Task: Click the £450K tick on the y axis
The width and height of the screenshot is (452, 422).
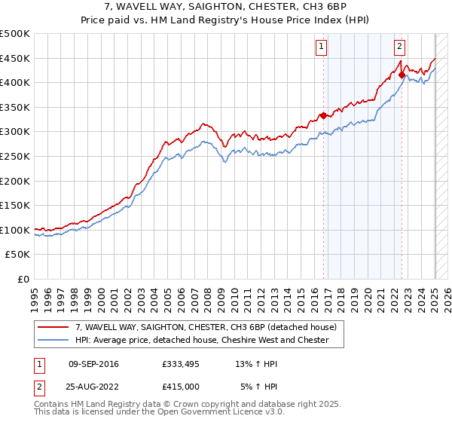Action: coord(15,58)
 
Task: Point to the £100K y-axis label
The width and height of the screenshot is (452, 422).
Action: coord(15,230)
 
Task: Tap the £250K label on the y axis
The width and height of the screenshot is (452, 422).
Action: coord(15,156)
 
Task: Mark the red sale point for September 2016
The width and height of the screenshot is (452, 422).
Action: coord(323,115)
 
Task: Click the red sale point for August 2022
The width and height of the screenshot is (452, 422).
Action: coord(402,75)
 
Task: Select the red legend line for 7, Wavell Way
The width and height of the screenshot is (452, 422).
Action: coord(53,327)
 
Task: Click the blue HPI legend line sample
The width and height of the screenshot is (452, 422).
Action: coord(53,340)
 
